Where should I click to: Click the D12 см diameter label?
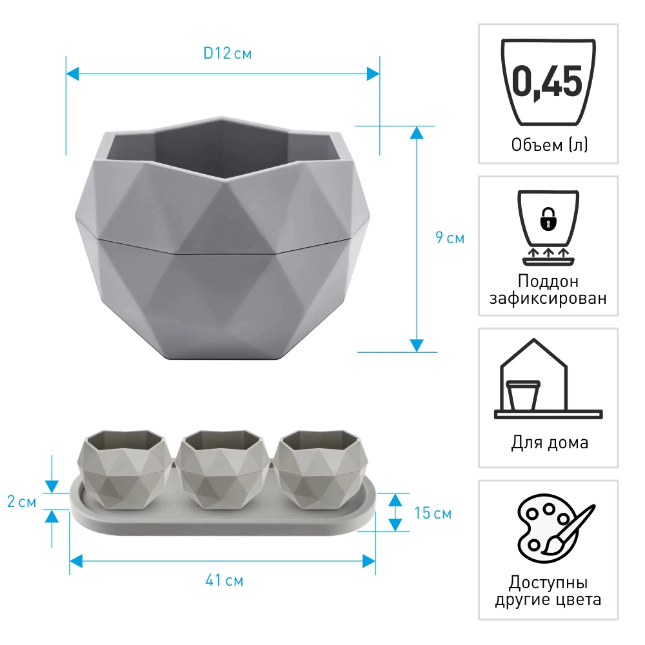click(x=228, y=54)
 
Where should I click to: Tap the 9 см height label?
click(x=450, y=238)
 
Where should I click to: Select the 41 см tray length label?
click(x=224, y=580)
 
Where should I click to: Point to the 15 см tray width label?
click(x=433, y=513)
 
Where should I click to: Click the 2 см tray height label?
click(x=22, y=501)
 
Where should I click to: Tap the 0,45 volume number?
click(x=548, y=82)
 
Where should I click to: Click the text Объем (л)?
click(x=549, y=144)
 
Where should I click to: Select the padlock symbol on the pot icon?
click(x=548, y=219)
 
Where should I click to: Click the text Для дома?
click(x=550, y=442)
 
